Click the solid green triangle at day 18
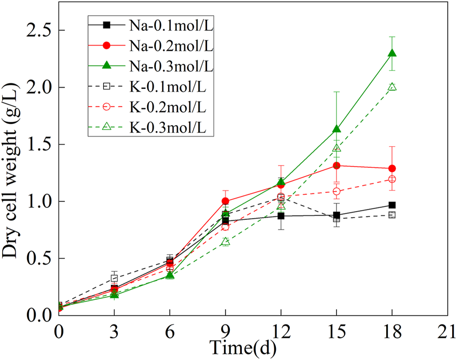[392, 53]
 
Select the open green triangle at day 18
[392, 87]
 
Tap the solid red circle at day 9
[226, 201]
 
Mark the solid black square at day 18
[392, 205]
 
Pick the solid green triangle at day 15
[336, 129]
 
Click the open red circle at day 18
[392, 179]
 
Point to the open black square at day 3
[114, 278]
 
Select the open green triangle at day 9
[226, 241]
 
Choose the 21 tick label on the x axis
[447, 331]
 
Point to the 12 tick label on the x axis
[281, 331]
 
